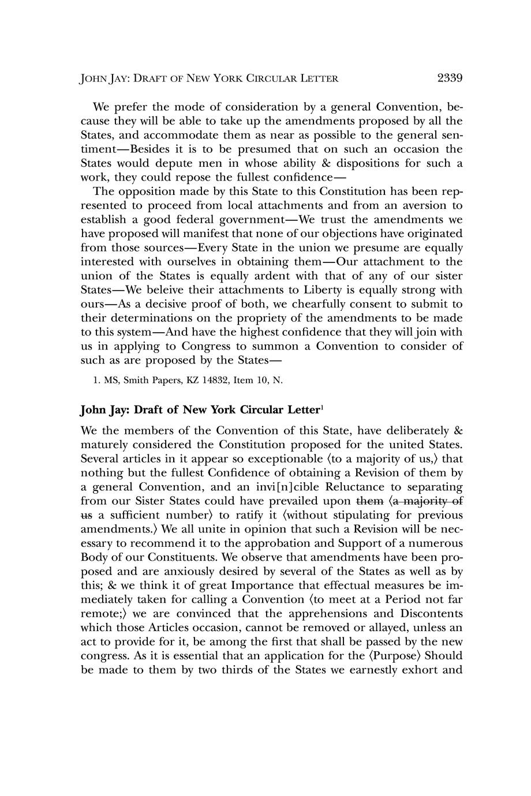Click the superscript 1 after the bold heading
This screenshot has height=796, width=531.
[x=322, y=408]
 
